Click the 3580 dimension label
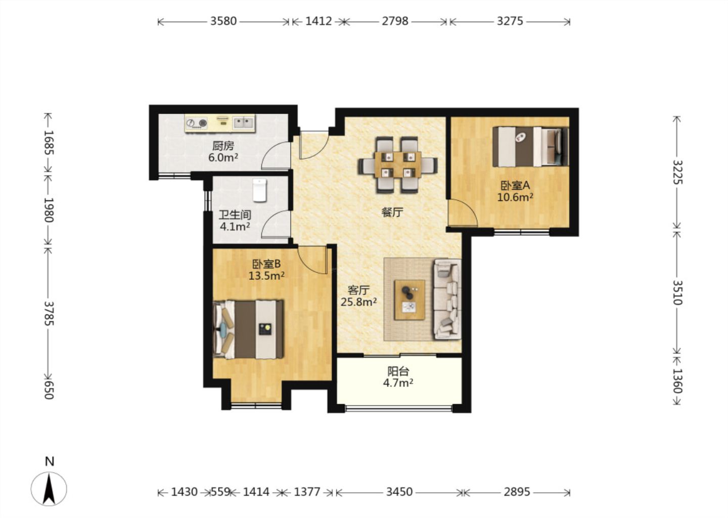(x=223, y=21)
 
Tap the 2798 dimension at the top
(x=395, y=21)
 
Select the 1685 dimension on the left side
(x=49, y=142)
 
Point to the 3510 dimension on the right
(x=677, y=292)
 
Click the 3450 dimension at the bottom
(x=399, y=492)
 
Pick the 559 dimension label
(x=220, y=492)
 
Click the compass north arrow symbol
(x=49, y=489)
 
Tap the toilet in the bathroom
(x=260, y=190)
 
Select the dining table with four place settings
(x=397, y=164)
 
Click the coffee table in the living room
(x=409, y=300)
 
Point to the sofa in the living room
(x=447, y=299)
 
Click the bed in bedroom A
(x=530, y=147)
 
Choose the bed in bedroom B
(x=248, y=329)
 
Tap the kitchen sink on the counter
(x=244, y=122)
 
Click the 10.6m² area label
(x=515, y=197)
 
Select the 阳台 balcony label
(x=398, y=371)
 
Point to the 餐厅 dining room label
(x=392, y=212)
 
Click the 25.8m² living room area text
(x=358, y=302)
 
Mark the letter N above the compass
(x=50, y=461)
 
